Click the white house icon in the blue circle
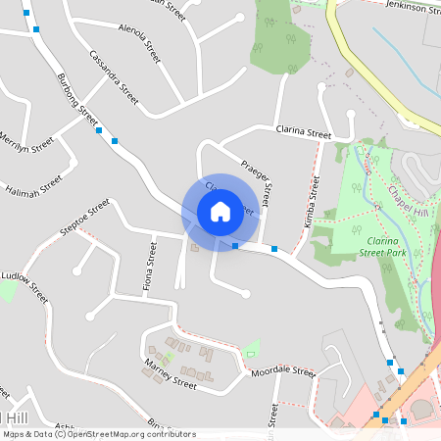[x=220, y=211]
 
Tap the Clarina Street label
[x=304, y=132]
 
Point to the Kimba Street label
[x=313, y=202]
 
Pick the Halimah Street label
[x=32, y=185]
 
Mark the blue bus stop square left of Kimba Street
[x=274, y=249]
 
